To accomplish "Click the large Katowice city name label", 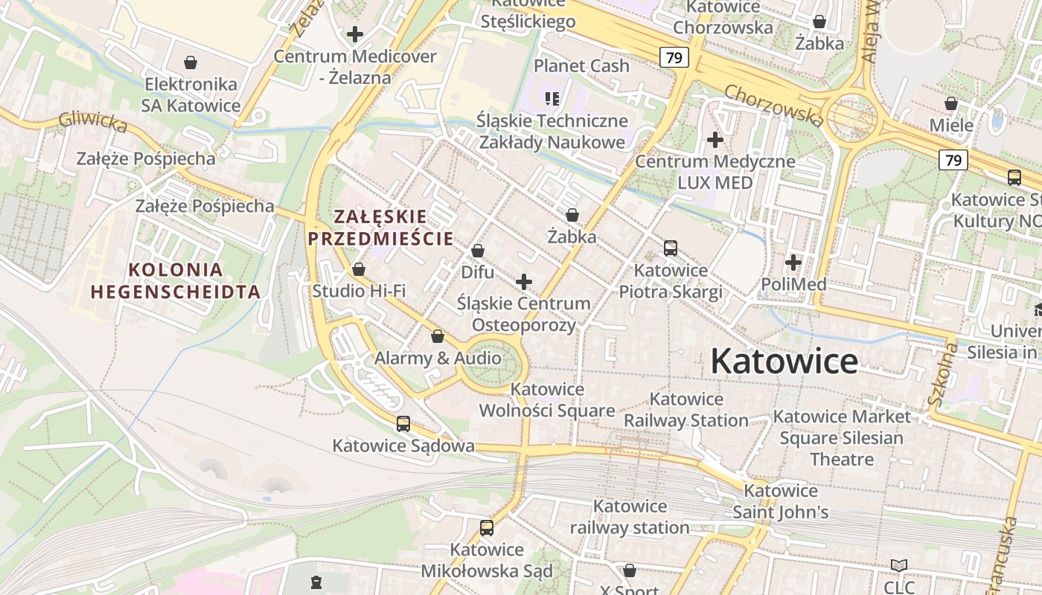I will [784, 361].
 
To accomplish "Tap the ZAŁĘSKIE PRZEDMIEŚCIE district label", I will [380, 228].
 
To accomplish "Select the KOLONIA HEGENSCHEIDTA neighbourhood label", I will [176, 280].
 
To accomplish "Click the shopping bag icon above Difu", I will [478, 251].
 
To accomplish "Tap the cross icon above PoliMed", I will [793, 263].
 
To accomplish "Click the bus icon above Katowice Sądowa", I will [403, 424].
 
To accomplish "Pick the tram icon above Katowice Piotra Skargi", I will [671, 248].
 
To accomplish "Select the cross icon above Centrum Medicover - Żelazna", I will [355, 34].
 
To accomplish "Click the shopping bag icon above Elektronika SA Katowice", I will [191, 62].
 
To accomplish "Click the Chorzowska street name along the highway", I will [773, 105].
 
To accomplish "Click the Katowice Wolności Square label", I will [547, 399].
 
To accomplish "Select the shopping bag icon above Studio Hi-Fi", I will [359, 269].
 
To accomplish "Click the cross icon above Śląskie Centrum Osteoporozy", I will [524, 282].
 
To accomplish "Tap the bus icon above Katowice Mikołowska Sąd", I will [487, 528].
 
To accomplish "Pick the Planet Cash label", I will [581, 65].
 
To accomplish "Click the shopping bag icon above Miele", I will [950, 103].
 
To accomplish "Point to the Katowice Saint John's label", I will [781, 501].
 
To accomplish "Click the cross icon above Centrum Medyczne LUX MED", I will [715, 139].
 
